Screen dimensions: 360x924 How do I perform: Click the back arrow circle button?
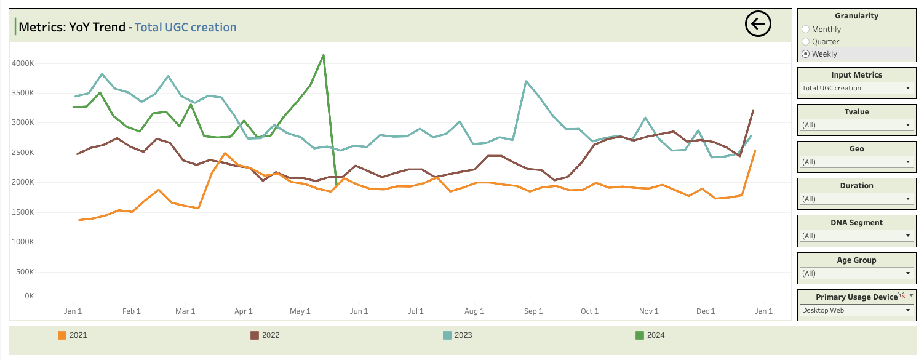pos(758,24)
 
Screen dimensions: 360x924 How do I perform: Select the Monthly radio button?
pos(806,30)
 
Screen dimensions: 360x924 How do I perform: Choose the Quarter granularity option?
pos(806,42)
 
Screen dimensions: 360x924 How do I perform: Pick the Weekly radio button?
pos(806,54)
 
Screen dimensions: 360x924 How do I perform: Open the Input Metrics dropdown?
pos(856,88)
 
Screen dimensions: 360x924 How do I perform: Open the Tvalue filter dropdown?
pos(856,125)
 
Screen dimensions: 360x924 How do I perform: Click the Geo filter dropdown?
pos(856,162)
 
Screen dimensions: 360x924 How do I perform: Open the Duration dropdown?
pos(856,199)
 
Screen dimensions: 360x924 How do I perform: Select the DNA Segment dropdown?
pos(856,236)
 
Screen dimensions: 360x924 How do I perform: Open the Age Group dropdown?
pos(856,273)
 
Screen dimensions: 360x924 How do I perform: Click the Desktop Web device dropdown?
pos(856,310)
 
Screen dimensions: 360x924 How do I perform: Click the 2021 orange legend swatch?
pos(62,335)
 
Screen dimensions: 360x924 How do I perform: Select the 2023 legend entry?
pos(458,335)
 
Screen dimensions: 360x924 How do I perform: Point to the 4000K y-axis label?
pos(23,63)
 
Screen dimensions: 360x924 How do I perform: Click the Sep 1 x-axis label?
pos(533,311)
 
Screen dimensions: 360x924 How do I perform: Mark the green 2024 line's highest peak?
pos(323,55)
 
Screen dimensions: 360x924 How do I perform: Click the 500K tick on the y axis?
pos(25,272)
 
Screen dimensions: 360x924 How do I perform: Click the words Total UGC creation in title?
pos(185,27)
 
